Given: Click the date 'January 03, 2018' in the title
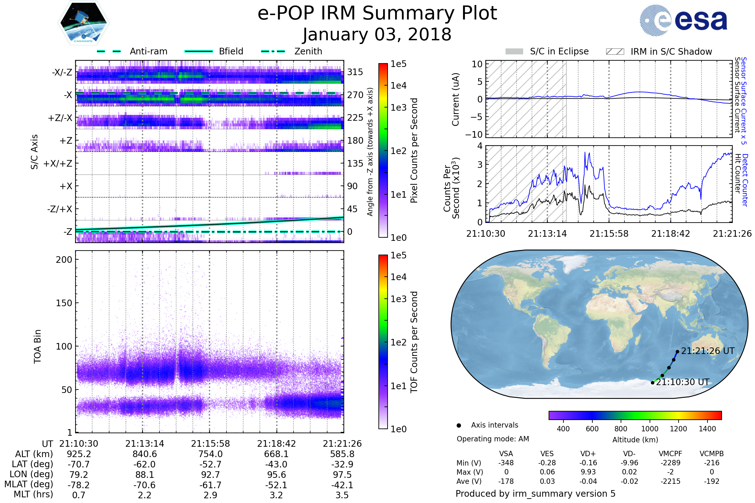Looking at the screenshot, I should point(377,35).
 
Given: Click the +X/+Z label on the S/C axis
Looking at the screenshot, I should point(58,163).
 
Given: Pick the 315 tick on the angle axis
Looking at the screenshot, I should point(355,72).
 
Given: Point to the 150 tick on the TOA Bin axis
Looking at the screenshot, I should point(64,303).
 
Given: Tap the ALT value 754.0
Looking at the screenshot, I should point(210,454).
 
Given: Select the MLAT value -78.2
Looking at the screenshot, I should point(79,485).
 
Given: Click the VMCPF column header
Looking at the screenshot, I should point(670,454).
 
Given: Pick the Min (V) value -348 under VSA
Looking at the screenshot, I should point(506,463).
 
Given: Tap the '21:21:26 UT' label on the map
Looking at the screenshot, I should point(707,351).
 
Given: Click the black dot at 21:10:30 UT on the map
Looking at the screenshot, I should point(652,383).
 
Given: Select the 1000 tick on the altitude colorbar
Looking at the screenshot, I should point(650,429).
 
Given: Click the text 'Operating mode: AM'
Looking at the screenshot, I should point(493,439).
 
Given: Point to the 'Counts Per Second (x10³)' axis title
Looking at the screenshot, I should point(451,188).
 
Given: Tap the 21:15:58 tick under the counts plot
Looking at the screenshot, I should point(609,234).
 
